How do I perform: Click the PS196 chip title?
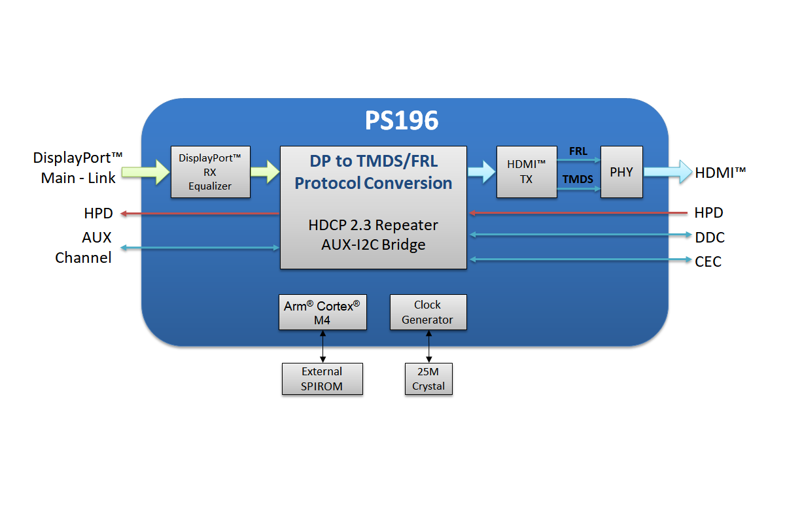pos(401,121)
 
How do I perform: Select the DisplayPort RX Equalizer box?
pos(210,172)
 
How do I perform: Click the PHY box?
pos(621,172)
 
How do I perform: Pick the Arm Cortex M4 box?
pos(323,312)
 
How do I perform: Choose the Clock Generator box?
pos(428,312)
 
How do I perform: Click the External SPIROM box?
pos(322,379)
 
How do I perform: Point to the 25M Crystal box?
pos(428,379)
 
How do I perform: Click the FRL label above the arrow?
pos(578,152)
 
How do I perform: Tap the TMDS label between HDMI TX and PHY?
pos(578,178)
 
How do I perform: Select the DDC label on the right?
pos(710,237)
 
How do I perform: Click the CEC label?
pos(708,261)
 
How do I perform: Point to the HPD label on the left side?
pos(98,214)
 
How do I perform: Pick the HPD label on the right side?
pos(708,213)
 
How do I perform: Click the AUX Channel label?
pos(84,248)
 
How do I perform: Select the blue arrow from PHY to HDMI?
pos(667,172)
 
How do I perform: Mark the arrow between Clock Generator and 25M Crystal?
pos(428,346)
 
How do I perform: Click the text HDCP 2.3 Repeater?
pos(373,226)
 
